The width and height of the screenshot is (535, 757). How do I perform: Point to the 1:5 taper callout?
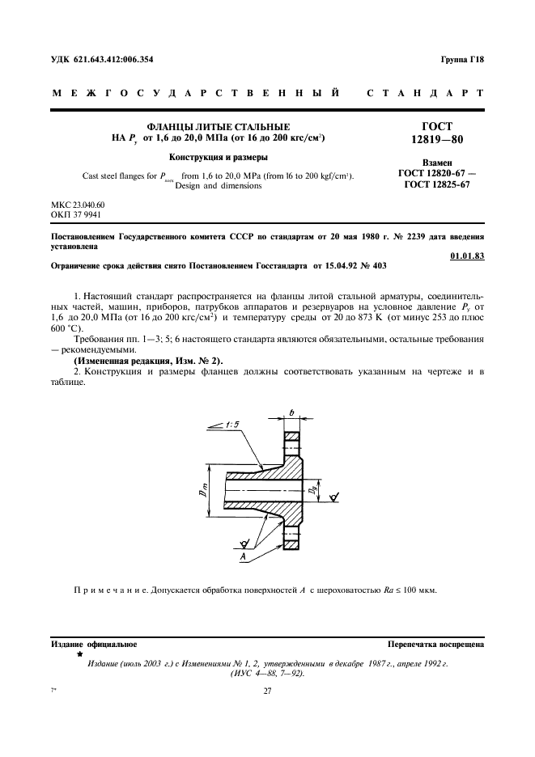coord(234,425)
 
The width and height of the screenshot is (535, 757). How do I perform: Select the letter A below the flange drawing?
coord(241,557)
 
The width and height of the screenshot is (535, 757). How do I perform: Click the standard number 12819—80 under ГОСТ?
coord(437,140)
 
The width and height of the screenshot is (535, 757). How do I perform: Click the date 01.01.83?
coord(467,256)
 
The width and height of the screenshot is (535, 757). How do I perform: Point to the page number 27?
coord(267,691)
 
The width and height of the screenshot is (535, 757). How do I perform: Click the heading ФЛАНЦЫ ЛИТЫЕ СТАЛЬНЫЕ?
coord(217,127)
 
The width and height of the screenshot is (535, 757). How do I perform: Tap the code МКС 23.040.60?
coord(78,205)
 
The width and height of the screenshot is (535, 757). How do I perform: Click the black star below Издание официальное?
coord(79,653)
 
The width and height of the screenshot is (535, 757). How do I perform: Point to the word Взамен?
coord(437,162)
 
